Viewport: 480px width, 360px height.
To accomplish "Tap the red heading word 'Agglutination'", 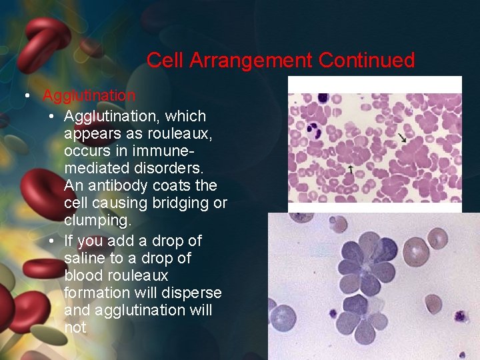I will click(89, 96).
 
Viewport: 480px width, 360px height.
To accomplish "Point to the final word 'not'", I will click(75, 327).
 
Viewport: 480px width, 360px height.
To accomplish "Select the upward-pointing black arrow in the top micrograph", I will click(351, 169).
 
